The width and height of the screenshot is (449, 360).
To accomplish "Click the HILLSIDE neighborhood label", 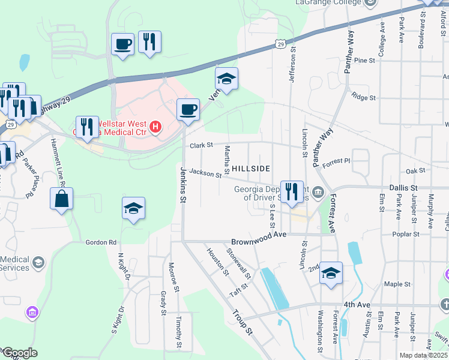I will point(250,169).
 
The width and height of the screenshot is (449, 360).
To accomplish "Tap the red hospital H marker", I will point(155,127).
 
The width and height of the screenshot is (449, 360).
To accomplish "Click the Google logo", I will point(19,353).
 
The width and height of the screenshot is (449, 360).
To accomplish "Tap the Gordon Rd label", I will point(100,242).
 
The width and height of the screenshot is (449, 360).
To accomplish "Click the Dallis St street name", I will point(403,188).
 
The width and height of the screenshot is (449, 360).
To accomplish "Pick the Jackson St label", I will point(205,173).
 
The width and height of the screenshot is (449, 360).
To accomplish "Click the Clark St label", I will point(202,145).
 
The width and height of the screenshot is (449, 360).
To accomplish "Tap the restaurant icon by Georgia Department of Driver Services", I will point(292,191).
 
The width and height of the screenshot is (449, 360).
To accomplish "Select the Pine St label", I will point(364,61).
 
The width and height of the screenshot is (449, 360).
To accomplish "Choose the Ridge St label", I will point(363,97).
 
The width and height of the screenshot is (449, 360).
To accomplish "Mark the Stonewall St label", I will point(239,264).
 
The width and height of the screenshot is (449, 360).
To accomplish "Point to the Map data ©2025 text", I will point(423,355).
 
